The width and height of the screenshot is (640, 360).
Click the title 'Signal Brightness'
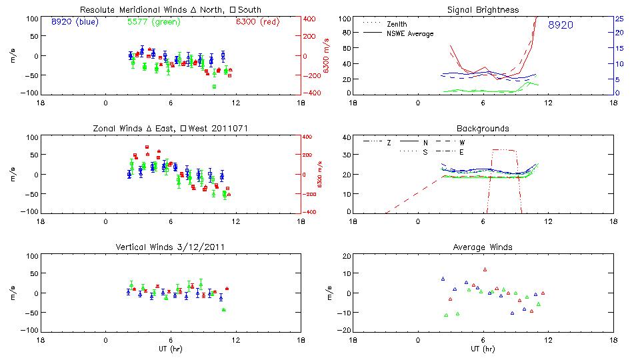[x=483, y=10]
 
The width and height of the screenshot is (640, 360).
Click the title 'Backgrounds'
[x=483, y=128]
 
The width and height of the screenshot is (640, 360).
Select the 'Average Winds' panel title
[x=483, y=247]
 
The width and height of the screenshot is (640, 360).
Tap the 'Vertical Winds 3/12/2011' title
[x=171, y=247]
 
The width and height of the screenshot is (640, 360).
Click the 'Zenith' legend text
[x=397, y=24]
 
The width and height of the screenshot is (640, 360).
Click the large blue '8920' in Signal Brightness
[x=560, y=25]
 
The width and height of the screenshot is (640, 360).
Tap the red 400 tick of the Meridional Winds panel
[x=311, y=19]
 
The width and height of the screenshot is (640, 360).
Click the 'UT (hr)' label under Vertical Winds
[x=171, y=349]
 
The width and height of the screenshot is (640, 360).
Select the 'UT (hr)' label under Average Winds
[x=483, y=349]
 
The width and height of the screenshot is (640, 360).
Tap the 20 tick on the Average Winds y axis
[x=345, y=256]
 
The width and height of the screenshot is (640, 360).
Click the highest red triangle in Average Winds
[x=485, y=269]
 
